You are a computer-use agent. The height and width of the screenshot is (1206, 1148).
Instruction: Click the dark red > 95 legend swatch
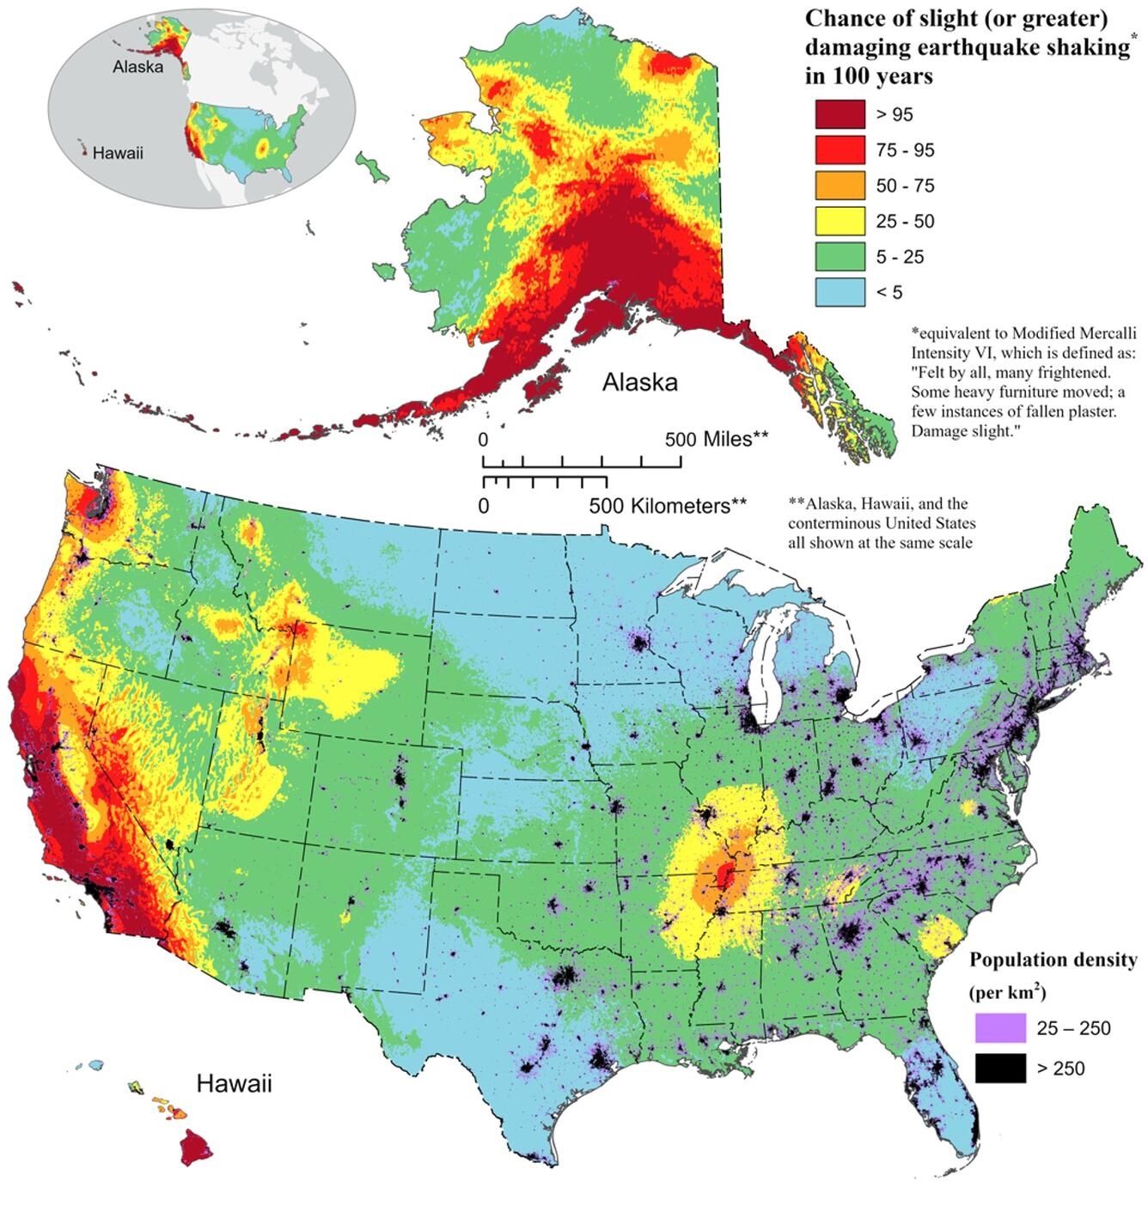point(840,114)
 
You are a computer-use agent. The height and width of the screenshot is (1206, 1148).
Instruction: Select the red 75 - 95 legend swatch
point(840,150)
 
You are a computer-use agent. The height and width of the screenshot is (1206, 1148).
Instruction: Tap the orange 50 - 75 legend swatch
point(840,186)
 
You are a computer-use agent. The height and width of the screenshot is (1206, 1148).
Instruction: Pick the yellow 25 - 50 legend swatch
point(840,221)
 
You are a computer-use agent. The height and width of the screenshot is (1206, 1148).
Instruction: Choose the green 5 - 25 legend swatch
point(840,257)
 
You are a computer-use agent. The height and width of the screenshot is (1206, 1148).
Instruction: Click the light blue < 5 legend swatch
point(840,292)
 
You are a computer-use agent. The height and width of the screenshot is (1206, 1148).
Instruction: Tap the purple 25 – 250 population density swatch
point(1000,1027)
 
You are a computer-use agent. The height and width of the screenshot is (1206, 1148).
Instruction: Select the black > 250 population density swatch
point(1000,1068)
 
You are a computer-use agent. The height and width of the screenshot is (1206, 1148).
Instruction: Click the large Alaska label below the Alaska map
point(639,382)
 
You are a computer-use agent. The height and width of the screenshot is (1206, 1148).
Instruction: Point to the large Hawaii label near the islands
point(234,1083)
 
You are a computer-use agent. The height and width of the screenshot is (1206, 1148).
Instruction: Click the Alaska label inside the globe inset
point(137,67)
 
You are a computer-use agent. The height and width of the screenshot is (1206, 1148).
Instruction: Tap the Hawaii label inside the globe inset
point(118,154)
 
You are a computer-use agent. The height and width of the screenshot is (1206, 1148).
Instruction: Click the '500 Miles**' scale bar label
point(717,440)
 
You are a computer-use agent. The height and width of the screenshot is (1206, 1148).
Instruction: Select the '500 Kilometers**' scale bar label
point(668,506)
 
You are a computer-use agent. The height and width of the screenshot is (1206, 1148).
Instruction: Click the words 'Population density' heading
point(1053,959)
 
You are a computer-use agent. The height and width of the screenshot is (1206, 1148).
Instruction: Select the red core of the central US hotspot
point(724,876)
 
